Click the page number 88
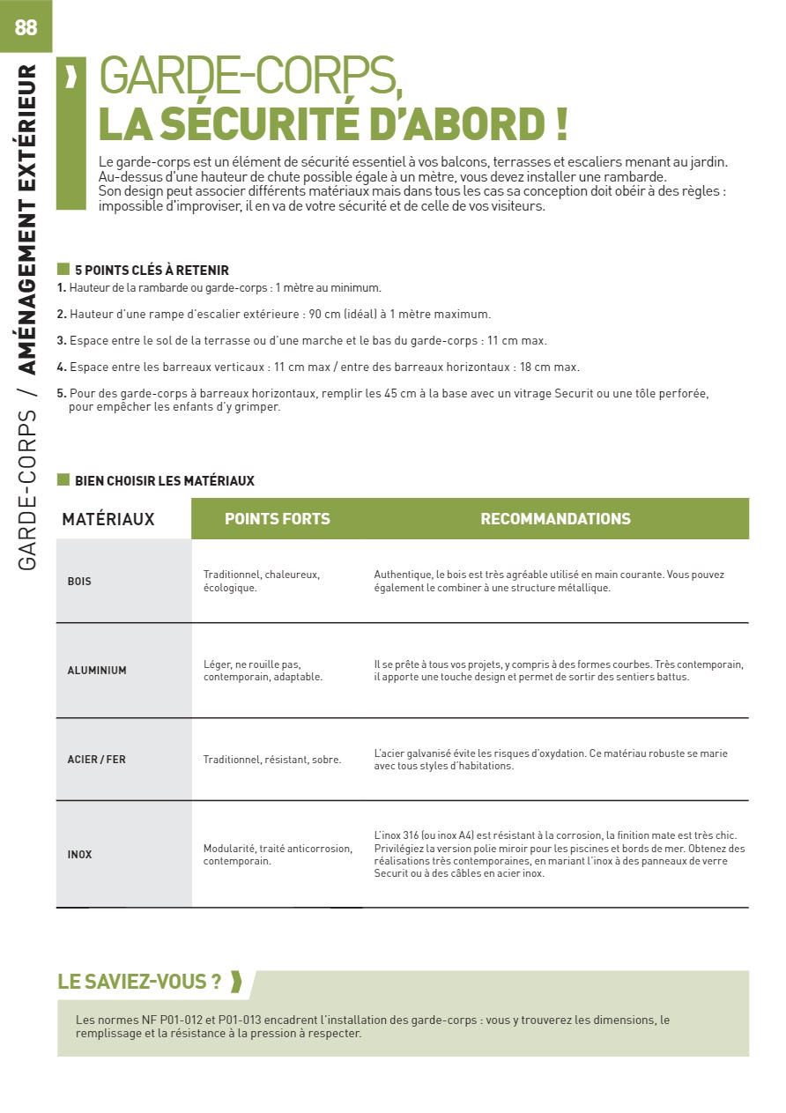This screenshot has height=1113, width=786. [26, 27]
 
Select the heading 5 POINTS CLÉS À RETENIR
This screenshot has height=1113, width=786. [152, 271]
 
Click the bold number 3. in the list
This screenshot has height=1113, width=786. [62, 340]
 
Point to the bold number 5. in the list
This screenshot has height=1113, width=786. [62, 393]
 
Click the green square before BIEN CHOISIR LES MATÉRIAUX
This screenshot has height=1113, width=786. [63, 479]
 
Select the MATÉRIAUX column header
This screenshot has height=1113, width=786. [108, 519]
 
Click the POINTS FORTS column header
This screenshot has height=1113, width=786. [277, 519]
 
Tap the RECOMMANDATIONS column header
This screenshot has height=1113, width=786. [555, 519]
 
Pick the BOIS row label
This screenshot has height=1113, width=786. [79, 582]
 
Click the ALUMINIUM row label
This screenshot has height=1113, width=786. [97, 671]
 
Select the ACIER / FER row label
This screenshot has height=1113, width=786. [97, 759]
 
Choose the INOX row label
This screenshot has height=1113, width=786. [79, 854]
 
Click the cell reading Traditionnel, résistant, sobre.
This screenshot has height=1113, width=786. [271, 760]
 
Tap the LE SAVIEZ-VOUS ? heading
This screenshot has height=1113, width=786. [139, 982]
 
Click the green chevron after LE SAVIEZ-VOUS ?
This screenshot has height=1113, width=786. [235, 982]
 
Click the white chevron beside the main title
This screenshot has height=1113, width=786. [70, 78]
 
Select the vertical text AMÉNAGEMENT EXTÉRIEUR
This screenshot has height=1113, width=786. [27, 219]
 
